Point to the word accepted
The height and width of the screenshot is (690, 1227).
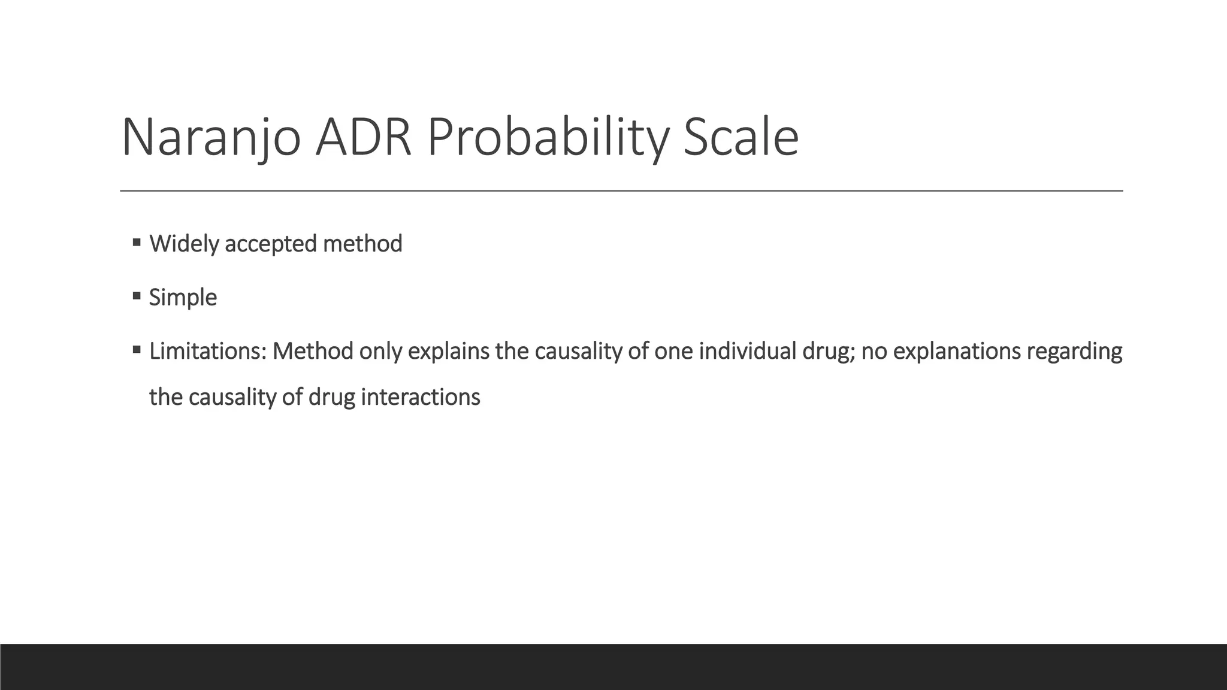270,244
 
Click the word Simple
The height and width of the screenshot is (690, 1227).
183,298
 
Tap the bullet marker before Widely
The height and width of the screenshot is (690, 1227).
137,243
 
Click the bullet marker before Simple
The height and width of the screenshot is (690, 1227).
137,296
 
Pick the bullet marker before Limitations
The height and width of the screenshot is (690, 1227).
137,349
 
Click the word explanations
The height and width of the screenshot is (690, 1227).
956,351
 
